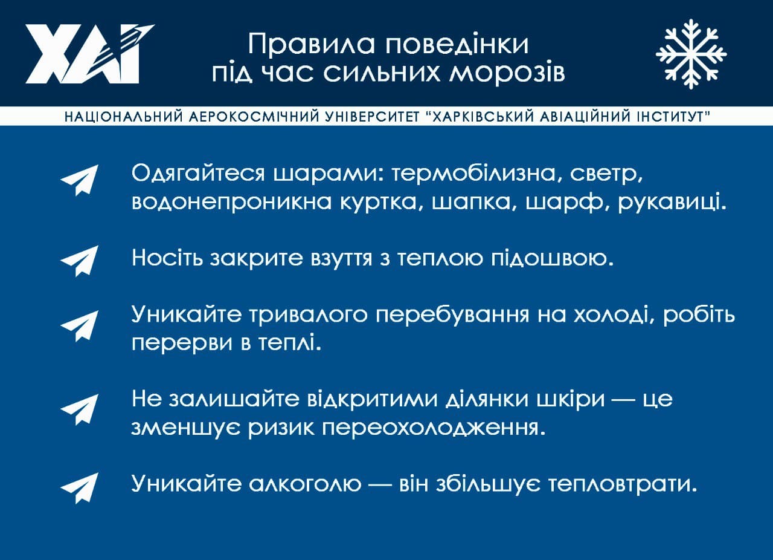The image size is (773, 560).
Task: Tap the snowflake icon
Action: (x=691, y=54)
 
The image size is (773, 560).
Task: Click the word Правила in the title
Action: (x=311, y=44)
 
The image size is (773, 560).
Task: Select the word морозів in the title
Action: (x=507, y=73)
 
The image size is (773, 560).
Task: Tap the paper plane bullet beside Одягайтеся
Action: (x=80, y=180)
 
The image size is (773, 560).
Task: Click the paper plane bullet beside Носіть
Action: (x=80, y=261)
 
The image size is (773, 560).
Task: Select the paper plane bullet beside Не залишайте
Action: (x=80, y=409)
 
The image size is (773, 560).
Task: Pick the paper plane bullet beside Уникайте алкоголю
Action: (x=80, y=488)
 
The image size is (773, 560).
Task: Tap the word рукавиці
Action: (x=673, y=202)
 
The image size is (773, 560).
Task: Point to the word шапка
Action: (x=475, y=202)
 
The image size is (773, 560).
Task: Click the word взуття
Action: (x=341, y=258)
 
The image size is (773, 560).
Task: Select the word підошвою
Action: (x=553, y=258)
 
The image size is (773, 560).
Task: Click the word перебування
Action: (x=452, y=315)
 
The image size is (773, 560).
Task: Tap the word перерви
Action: (x=182, y=343)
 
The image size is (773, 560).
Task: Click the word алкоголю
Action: (x=305, y=483)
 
